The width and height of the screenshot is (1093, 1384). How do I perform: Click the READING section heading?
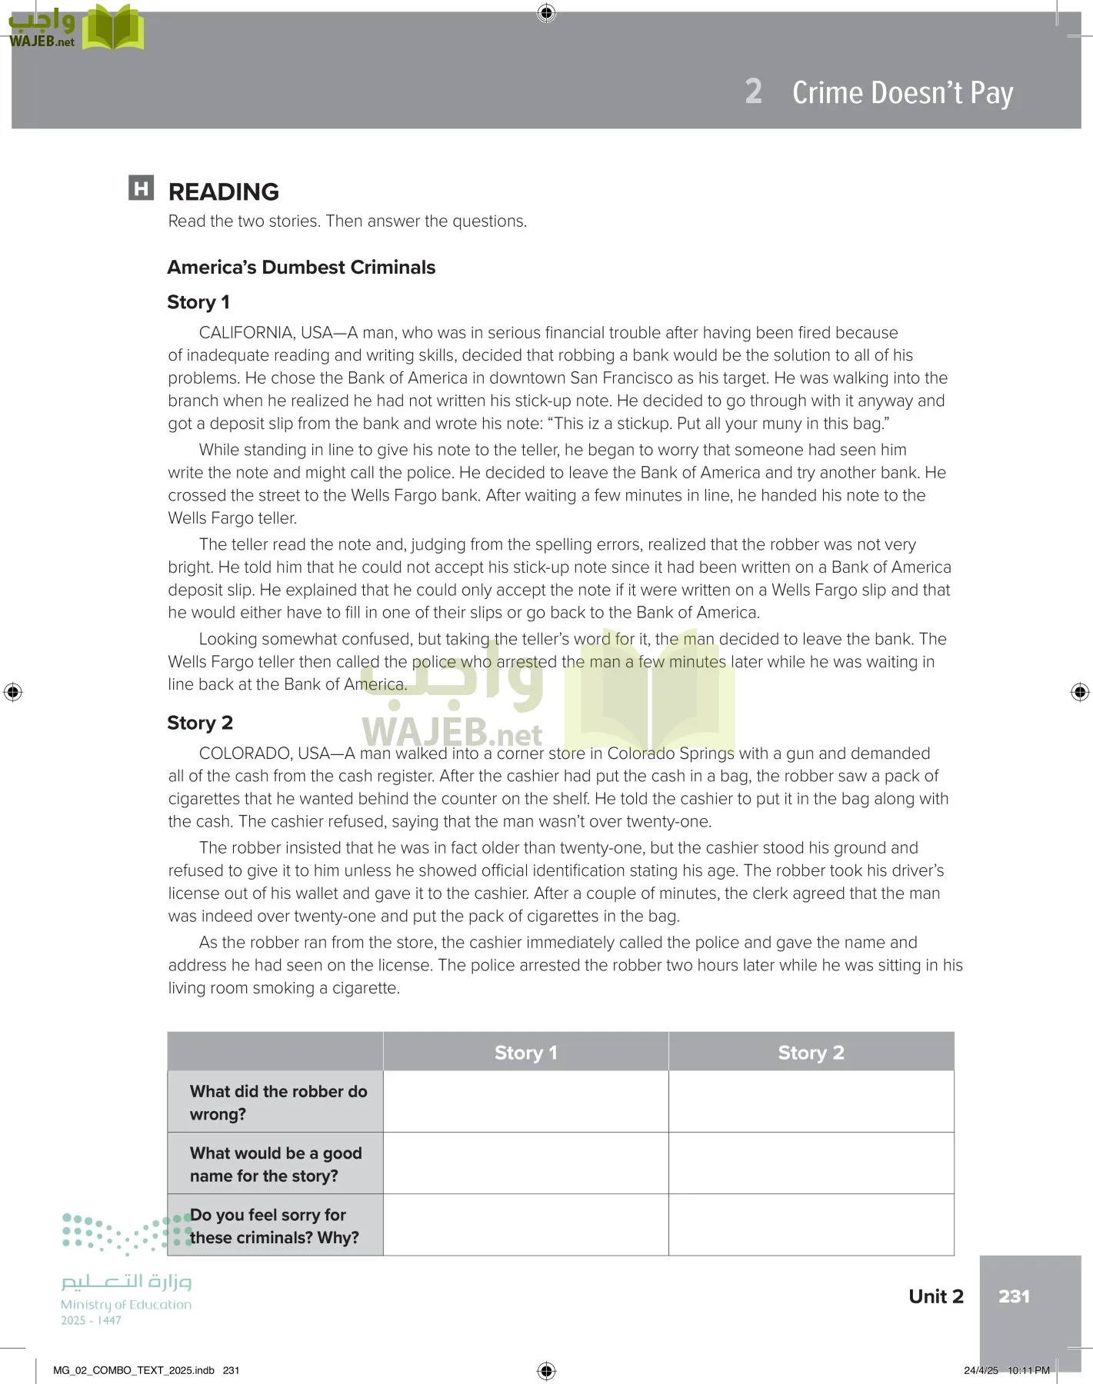click(223, 191)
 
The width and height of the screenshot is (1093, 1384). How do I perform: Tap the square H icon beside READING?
click(141, 188)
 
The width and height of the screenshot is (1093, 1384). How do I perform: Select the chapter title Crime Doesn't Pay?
click(902, 92)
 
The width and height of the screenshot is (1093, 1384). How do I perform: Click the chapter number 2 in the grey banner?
click(753, 91)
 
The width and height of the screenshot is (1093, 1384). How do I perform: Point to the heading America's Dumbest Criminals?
click(301, 268)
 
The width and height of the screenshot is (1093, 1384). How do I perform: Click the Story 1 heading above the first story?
click(198, 302)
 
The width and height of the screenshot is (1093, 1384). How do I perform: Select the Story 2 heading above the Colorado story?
click(200, 723)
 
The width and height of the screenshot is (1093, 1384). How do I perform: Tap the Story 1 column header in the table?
click(525, 1053)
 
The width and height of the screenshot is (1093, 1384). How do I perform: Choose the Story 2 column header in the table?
click(811, 1053)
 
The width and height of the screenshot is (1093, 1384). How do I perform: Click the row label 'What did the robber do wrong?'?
click(278, 1103)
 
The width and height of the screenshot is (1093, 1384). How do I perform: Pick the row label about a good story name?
click(275, 1164)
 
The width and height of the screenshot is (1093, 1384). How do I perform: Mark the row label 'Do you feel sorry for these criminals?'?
click(274, 1226)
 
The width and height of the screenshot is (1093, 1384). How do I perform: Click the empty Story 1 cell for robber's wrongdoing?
click(525, 1102)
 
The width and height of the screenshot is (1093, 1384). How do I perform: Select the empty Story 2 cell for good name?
click(811, 1163)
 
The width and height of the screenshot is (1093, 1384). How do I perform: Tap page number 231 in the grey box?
click(1014, 1296)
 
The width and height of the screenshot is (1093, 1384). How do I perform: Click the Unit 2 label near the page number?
click(935, 1296)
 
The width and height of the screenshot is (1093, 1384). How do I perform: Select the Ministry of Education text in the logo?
click(126, 1305)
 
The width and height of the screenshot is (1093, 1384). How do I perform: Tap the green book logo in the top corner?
click(113, 28)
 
